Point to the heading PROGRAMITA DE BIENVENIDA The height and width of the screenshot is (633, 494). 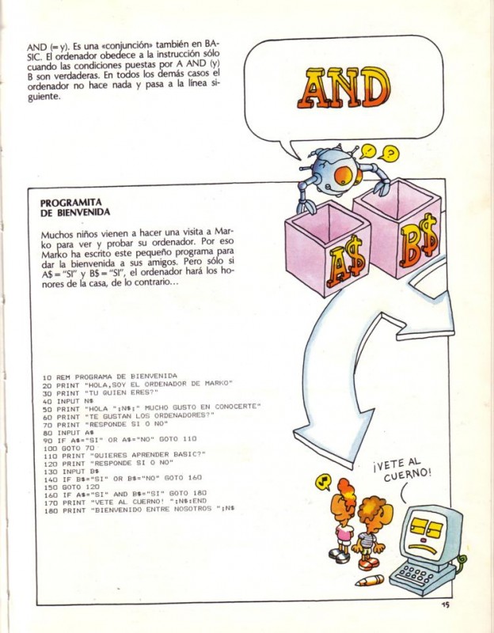coord(76,207)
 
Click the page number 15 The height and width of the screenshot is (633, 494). coord(446,605)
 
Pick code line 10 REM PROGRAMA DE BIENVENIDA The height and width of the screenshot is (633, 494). coord(110,376)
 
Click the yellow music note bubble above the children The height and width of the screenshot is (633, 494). coord(322,481)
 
